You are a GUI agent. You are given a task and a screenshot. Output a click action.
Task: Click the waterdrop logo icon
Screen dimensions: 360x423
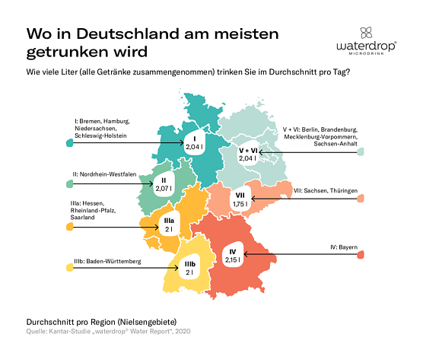(x=365, y=33)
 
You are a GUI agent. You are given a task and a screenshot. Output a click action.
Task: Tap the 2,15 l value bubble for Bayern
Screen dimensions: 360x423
(x=233, y=255)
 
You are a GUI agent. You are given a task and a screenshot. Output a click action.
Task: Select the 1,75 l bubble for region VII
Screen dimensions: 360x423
(x=241, y=200)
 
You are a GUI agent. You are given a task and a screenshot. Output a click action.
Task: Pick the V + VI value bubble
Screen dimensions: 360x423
(x=249, y=155)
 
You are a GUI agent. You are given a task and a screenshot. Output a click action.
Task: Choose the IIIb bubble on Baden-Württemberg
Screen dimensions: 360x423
(x=191, y=267)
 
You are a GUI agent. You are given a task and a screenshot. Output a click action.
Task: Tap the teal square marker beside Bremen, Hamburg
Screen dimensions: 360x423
(x=59, y=143)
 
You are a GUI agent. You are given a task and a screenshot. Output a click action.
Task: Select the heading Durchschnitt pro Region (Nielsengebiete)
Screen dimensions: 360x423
(x=93, y=322)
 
